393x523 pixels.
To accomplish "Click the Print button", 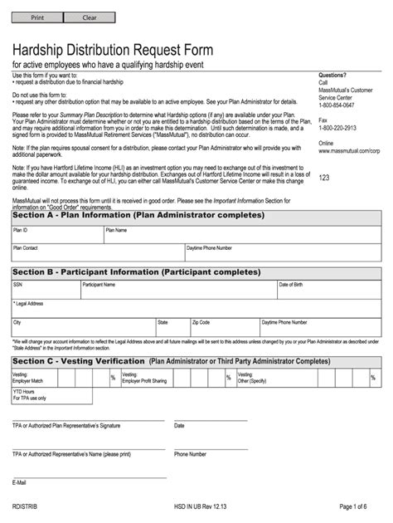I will point(37,17).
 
